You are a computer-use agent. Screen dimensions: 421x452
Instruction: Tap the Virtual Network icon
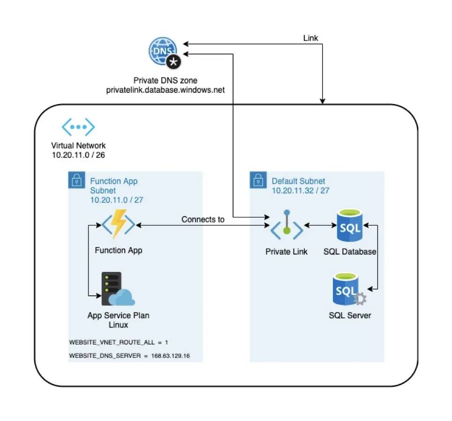pyautogui.click(x=79, y=127)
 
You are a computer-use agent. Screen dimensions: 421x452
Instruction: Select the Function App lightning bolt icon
pyautogui.click(x=118, y=225)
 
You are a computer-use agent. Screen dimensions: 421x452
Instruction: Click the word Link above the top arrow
pyautogui.click(x=311, y=38)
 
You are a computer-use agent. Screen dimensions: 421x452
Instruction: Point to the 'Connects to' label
pyautogui.click(x=203, y=219)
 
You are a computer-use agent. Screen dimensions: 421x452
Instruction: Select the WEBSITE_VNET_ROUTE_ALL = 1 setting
pyautogui.click(x=119, y=342)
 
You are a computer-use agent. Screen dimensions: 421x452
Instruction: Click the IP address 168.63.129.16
pyautogui.click(x=173, y=356)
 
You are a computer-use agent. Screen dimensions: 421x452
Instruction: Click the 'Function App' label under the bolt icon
pyautogui.click(x=119, y=250)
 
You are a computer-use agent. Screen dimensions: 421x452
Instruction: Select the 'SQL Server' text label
pyautogui.click(x=350, y=316)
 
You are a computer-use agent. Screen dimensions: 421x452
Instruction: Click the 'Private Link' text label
pyautogui.click(x=286, y=252)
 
